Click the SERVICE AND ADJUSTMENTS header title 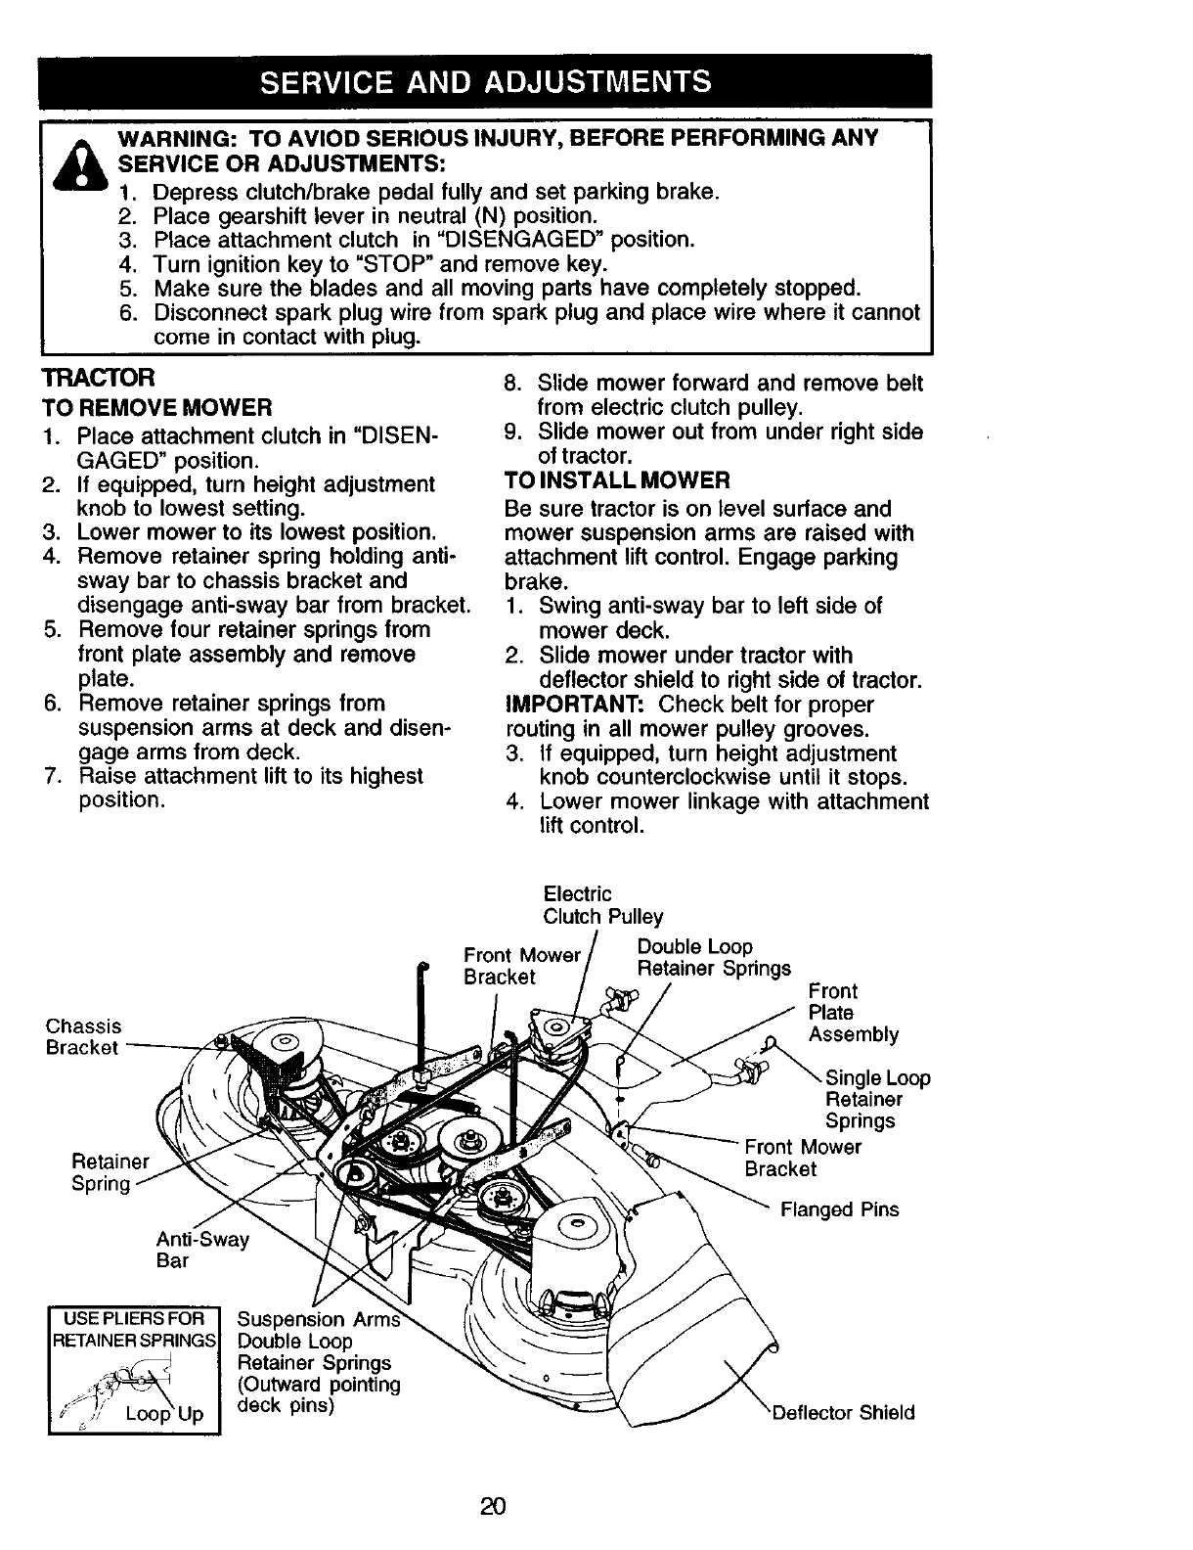tap(485, 80)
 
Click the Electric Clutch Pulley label tap(602, 905)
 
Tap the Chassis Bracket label tap(84, 1036)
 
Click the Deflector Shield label tap(844, 1412)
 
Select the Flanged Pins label tap(839, 1209)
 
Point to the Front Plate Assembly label tap(853, 1013)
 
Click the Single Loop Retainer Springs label tap(877, 1099)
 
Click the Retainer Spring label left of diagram tap(110, 1172)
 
